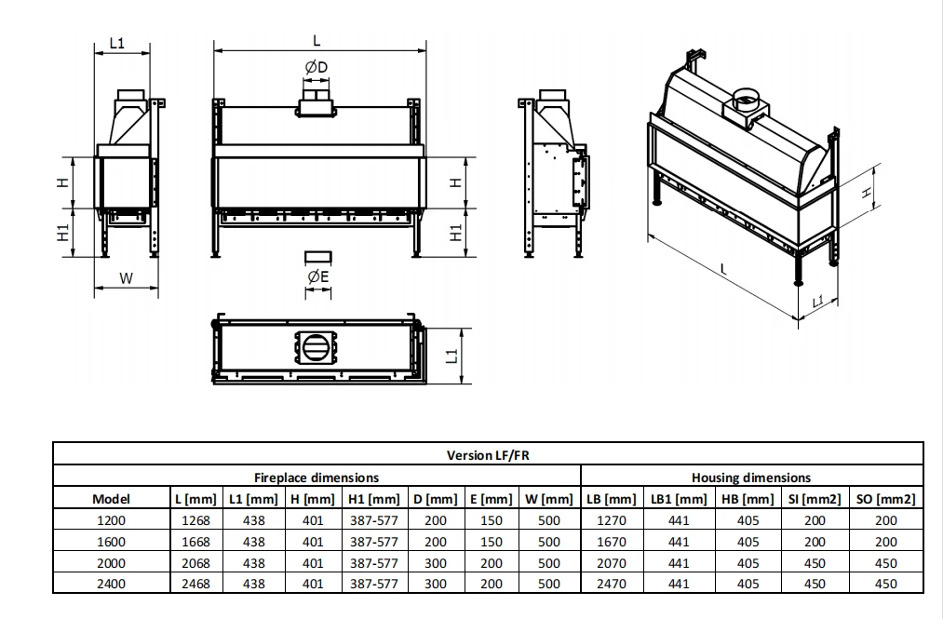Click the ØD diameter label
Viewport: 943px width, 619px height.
point(317,67)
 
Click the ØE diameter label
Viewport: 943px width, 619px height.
point(318,276)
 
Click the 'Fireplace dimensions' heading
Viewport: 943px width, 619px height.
point(317,478)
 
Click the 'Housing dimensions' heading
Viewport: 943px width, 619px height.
point(750,478)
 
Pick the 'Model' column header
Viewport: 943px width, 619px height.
point(112,499)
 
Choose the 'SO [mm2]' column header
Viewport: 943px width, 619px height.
point(885,499)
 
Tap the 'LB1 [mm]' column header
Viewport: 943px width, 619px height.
point(679,499)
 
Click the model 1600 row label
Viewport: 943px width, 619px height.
point(112,542)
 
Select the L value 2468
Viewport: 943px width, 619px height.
point(193,584)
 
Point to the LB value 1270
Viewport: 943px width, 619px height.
point(611,521)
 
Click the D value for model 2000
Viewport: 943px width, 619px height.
point(435,563)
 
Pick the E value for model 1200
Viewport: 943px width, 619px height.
point(490,521)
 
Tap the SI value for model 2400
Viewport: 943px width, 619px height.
point(815,584)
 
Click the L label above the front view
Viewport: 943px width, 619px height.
point(317,40)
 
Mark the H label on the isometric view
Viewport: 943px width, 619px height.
point(866,193)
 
